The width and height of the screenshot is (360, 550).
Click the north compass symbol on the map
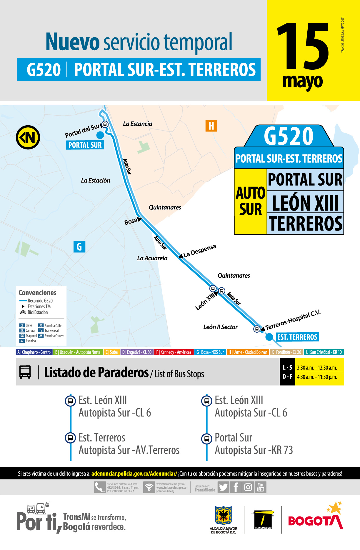[x=28, y=137]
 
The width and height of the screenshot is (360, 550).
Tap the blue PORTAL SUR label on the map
[x=85, y=145]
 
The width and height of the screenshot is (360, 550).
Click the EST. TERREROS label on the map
[x=297, y=337]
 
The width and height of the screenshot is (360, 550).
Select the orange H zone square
[x=211, y=126]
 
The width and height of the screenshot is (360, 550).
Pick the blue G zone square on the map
[x=79, y=246]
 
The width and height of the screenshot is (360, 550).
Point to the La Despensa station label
[x=199, y=251]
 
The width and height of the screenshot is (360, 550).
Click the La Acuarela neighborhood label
[x=152, y=258]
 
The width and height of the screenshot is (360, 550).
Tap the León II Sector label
[x=220, y=327]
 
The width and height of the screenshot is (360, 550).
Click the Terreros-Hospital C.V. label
[x=293, y=320]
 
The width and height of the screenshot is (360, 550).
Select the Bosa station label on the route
[x=131, y=221]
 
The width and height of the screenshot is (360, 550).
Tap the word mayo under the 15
[x=302, y=82]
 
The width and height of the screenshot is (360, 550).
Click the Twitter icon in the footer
[x=223, y=487]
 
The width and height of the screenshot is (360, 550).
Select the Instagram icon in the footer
[x=248, y=487]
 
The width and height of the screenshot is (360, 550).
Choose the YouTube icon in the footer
[x=260, y=487]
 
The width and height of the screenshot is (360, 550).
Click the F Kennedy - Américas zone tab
[x=174, y=352]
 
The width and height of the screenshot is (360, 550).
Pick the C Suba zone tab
[x=111, y=352]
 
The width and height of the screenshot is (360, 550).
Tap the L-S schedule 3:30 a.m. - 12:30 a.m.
[x=317, y=368]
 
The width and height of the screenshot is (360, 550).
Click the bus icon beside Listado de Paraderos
[x=25, y=372]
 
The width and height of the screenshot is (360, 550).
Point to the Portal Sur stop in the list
[x=234, y=438]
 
